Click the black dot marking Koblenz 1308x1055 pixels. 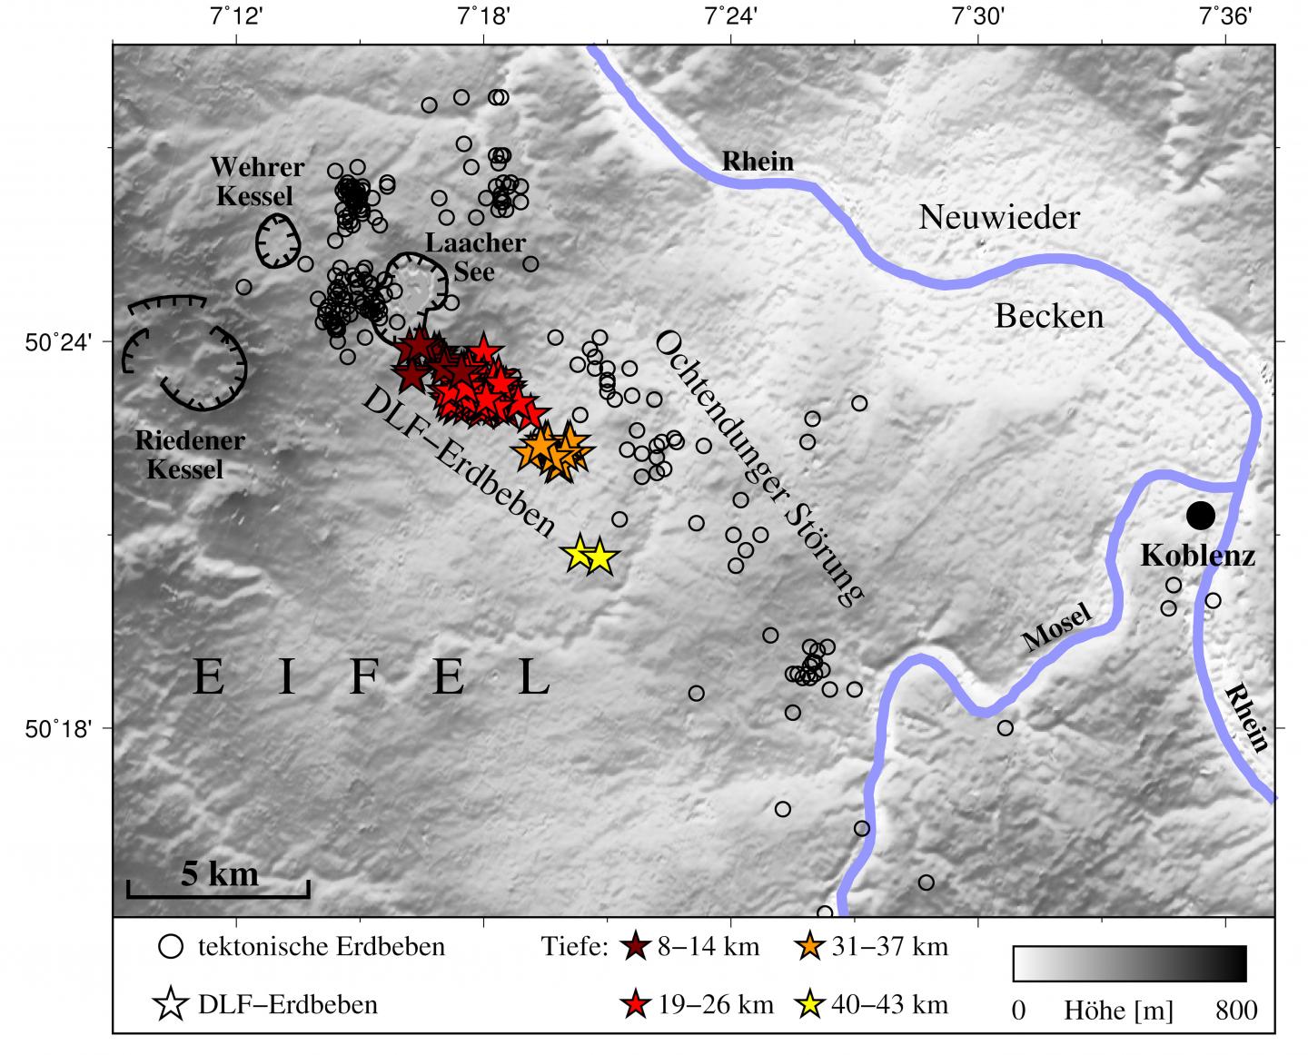pos(1200,516)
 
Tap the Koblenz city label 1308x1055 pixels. pos(1197,556)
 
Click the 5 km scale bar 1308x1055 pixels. pos(218,889)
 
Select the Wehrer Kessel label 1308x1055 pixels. pos(257,182)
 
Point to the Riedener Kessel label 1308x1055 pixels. pos(189,455)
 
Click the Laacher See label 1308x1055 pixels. pos(475,257)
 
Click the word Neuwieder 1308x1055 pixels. pos(999,218)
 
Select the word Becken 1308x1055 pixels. pos(1049,316)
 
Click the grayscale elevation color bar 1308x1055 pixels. pos(1129,963)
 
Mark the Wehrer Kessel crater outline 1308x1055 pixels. pos(278,242)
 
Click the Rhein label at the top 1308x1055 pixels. pos(758,162)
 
